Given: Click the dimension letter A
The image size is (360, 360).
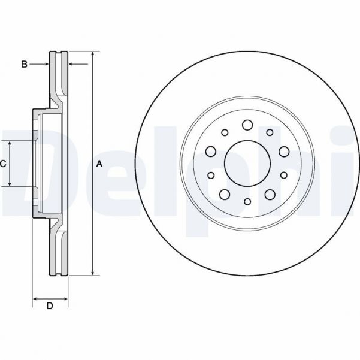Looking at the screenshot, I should [x=100, y=164].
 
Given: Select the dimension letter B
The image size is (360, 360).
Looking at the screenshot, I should [x=24, y=63].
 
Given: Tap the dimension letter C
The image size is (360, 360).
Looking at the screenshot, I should [x=3, y=164].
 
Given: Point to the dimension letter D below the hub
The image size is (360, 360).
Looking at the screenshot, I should [x=50, y=306].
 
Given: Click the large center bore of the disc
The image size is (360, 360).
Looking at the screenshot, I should [x=247, y=162].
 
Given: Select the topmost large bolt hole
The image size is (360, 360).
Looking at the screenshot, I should [x=247, y=125].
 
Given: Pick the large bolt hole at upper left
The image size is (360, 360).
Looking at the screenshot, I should [x=211, y=151].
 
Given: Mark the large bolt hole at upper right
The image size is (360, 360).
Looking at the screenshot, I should [x=283, y=151].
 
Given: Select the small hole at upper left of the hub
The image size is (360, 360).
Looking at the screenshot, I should [x=225, y=132].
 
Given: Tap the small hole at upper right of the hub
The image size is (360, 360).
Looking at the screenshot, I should [x=270, y=132].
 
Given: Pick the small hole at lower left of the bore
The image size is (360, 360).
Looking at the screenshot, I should [x=211, y=176].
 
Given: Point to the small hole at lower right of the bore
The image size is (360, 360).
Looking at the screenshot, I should [x=283, y=176].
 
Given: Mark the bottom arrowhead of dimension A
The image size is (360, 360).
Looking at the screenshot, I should [x=93, y=273].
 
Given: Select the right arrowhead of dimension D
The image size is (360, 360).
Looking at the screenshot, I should [x=66, y=298].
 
